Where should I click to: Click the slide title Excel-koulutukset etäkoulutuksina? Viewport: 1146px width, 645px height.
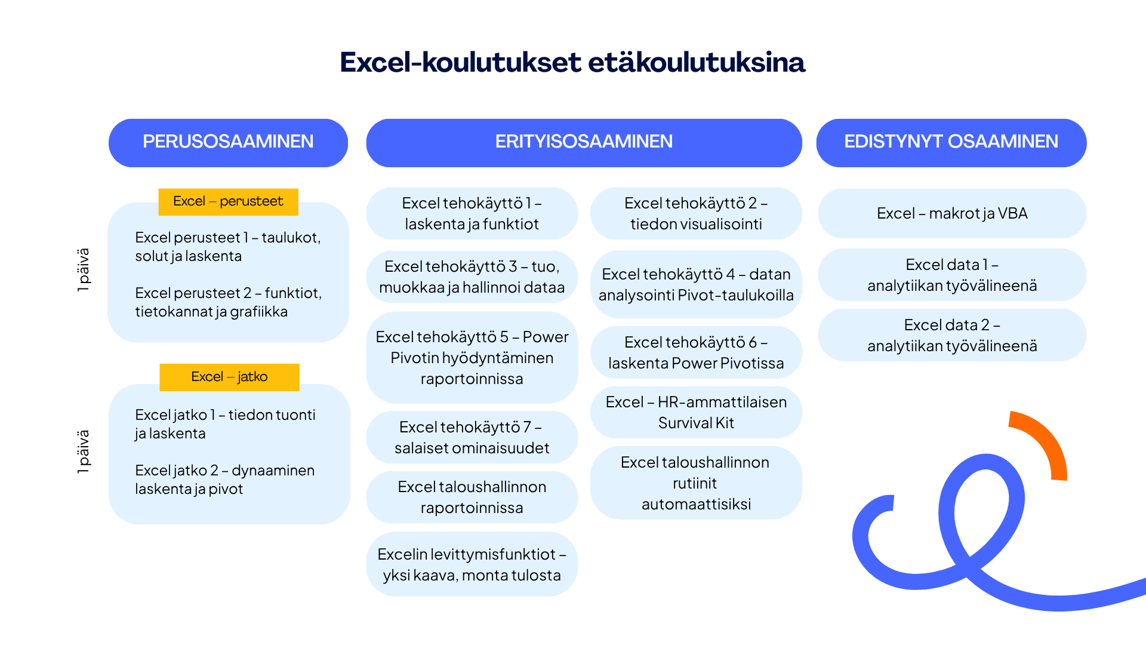[x=572, y=62]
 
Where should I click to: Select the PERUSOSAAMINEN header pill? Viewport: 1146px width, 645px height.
[x=228, y=143]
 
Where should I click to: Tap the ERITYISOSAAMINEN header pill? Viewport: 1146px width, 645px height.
[x=584, y=143]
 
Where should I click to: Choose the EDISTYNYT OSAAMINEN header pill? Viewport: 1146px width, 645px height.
[x=951, y=143]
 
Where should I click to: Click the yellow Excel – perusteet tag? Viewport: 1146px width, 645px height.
[x=228, y=202]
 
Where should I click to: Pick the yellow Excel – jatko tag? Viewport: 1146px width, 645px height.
[x=229, y=377]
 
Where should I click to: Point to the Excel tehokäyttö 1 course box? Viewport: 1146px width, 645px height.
[x=472, y=213]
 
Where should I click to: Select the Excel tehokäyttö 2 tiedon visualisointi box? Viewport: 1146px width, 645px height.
[x=696, y=213]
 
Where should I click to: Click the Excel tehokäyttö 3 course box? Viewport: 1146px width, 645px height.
[x=472, y=277]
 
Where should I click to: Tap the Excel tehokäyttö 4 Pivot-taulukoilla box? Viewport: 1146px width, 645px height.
[x=696, y=284]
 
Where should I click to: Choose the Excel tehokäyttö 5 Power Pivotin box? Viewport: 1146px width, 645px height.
[x=472, y=358]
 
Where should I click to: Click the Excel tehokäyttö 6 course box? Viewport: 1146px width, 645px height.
[x=696, y=352]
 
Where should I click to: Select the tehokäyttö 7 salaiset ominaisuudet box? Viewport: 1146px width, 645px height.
[x=472, y=437]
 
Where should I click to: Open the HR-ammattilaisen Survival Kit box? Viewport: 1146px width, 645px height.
[x=696, y=412]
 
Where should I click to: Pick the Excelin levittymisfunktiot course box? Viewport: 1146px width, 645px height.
[x=472, y=564]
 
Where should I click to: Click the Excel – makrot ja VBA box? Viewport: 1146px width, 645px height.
[x=952, y=213]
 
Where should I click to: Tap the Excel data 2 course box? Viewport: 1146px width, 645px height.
[x=952, y=335]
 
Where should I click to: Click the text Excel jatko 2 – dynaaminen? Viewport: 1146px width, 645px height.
[x=224, y=471]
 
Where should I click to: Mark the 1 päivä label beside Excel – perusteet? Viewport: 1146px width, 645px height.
[x=84, y=270]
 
